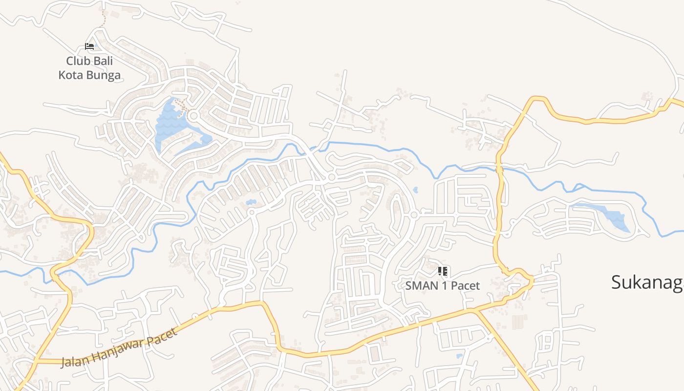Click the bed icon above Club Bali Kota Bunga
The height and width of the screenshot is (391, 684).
coord(89,46)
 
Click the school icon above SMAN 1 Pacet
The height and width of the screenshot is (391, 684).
coord(443,271)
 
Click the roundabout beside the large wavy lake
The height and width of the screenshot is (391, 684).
coord(193,116)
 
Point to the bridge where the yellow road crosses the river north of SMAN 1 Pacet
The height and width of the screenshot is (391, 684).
coord(499,169)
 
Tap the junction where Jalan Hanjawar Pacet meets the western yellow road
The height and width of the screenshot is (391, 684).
coord(35,361)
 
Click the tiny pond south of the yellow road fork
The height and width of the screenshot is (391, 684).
coord(459,356)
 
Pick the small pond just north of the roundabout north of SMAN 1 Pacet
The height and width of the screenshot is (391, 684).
coord(415,190)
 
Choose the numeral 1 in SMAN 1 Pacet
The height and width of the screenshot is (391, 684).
coord(444,285)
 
